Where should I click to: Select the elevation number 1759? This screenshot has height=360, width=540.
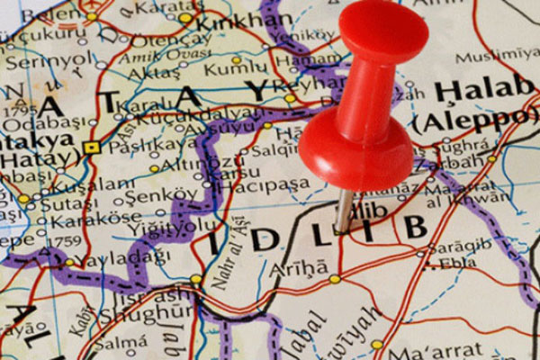pyautogui.click(x=60, y=241)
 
